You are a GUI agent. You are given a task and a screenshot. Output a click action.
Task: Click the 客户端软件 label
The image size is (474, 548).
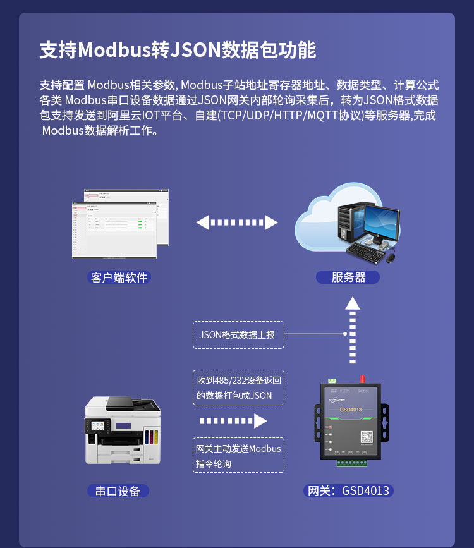(x=119, y=277)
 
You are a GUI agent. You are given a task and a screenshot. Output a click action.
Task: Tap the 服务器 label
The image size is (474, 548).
(x=348, y=277)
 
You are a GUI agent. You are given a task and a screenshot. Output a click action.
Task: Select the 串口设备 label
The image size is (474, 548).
(x=118, y=491)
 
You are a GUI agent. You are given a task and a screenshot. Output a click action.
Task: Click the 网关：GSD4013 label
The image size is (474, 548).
(x=348, y=491)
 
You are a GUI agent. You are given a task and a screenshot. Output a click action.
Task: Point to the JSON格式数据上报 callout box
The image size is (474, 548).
(x=238, y=335)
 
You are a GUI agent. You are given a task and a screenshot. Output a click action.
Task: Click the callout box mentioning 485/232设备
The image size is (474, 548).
(x=238, y=387)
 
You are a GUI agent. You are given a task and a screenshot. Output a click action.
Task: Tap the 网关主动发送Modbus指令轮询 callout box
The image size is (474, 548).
(x=238, y=455)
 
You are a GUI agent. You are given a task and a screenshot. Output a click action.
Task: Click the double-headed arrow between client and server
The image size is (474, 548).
(x=237, y=222)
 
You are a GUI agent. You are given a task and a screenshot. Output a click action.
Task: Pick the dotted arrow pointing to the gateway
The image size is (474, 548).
(x=233, y=421)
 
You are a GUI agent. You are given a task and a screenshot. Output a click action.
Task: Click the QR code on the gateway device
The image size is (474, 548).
(x=367, y=437)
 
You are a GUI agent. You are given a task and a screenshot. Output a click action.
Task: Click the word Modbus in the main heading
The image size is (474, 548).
(x=114, y=51)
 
